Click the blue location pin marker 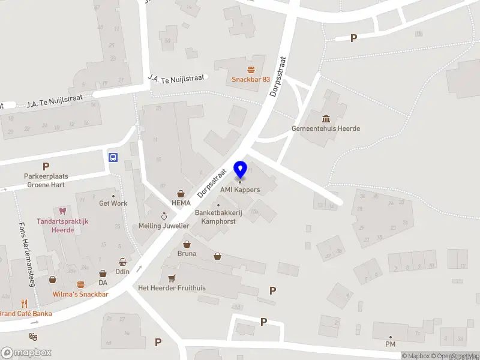click(x=240, y=170)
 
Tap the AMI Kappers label click(x=240, y=190)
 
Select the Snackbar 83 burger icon click(x=251, y=69)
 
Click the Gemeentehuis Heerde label click(x=326, y=128)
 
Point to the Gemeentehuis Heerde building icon click(x=326, y=118)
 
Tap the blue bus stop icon click(x=112, y=158)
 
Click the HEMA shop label click(x=181, y=203)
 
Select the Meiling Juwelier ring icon click(x=164, y=215)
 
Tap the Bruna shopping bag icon click(x=187, y=244)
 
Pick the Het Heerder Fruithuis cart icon click(x=172, y=278)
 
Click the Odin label click(x=122, y=271)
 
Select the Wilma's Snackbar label click(x=80, y=294)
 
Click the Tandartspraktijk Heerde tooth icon click(x=62, y=211)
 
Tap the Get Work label click(x=113, y=203)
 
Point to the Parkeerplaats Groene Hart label click(x=46, y=181)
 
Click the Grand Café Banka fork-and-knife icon click(x=25, y=304)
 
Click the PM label click(x=391, y=344)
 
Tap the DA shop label click(x=103, y=283)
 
